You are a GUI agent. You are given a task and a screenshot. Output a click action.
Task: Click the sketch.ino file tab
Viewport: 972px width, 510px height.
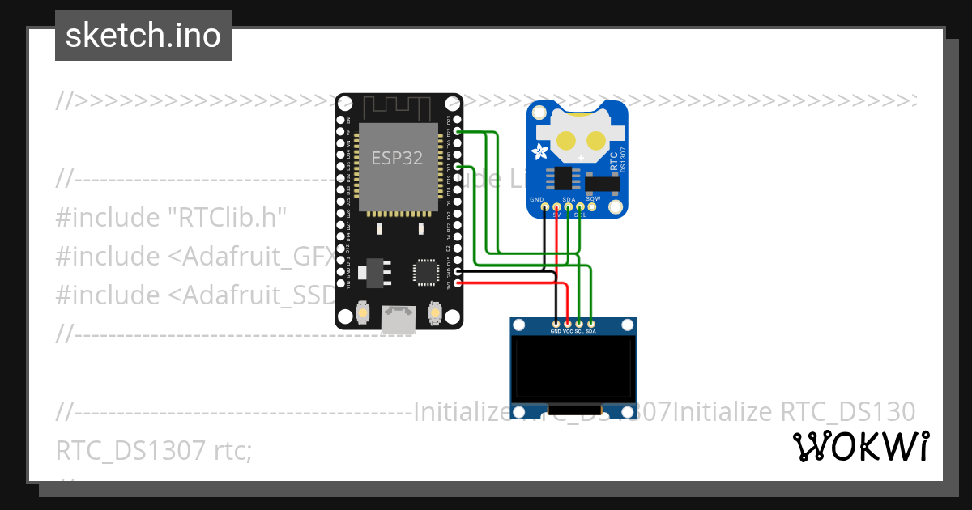click(x=143, y=36)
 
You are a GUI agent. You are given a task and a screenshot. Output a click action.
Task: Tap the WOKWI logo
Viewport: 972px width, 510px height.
click(x=859, y=447)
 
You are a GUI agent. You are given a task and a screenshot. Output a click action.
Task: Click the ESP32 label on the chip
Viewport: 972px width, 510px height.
click(x=397, y=159)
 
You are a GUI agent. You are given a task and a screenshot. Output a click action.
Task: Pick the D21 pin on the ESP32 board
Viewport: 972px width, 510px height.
click(x=458, y=167)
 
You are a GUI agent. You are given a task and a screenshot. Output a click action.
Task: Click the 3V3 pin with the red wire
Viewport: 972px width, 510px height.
click(x=458, y=283)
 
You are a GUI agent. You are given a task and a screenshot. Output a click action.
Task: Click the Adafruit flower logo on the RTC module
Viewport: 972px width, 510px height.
click(x=539, y=151)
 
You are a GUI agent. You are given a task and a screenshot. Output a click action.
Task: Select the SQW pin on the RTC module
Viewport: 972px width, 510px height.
click(x=592, y=207)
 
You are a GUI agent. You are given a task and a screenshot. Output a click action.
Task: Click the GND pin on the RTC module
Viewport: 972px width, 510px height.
click(x=544, y=207)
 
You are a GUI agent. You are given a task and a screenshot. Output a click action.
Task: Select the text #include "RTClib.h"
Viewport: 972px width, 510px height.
click(x=171, y=218)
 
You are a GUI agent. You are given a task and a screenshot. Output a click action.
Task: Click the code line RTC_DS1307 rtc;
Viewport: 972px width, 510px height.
click(x=154, y=451)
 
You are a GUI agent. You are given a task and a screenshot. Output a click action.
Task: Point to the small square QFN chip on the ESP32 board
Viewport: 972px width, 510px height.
click(x=426, y=272)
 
